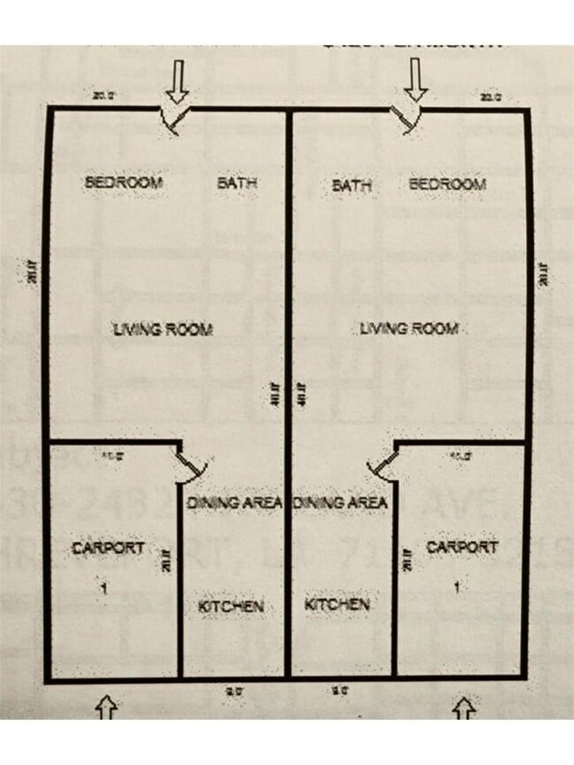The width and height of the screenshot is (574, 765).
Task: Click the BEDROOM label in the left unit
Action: pos(124,183)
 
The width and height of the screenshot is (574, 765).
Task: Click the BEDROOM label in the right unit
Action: pos(447,184)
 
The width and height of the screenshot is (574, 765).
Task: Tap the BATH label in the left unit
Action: pos(237,184)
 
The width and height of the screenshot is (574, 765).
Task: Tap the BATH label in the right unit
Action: pos(351,186)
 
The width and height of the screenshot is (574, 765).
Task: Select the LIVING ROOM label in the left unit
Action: pos(162,330)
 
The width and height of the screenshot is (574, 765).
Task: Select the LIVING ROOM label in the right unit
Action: pos(409,329)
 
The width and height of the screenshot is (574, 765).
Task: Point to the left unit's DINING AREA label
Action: pos(235,503)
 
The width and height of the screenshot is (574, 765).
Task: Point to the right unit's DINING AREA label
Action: pos(340,503)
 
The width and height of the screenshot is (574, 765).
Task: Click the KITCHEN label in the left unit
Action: pos(230,606)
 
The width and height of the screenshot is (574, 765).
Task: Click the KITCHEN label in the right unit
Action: pos(336,605)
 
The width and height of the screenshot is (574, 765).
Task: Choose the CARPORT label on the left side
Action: pos(108,548)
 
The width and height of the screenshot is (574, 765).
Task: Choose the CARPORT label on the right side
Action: pos(462,547)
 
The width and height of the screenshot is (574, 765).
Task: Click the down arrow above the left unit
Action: pos(178,81)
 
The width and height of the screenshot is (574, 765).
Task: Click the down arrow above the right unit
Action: pos(416,81)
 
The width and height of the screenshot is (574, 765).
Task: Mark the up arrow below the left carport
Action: pos(107,707)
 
